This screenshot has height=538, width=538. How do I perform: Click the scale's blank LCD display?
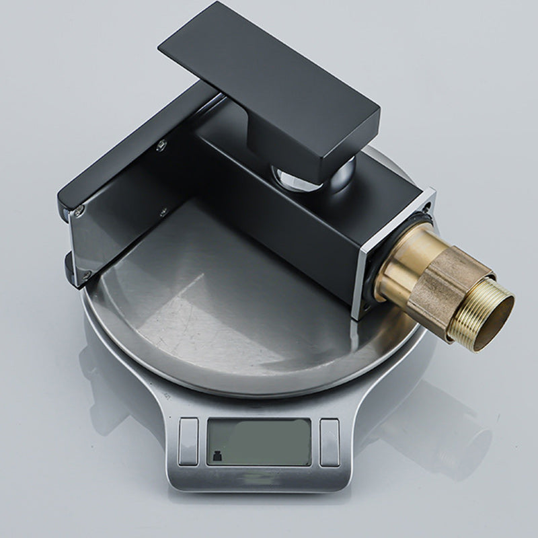point(259,441)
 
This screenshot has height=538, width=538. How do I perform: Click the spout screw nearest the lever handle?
point(161,143)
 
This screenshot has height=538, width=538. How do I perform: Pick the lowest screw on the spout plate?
point(85,274)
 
